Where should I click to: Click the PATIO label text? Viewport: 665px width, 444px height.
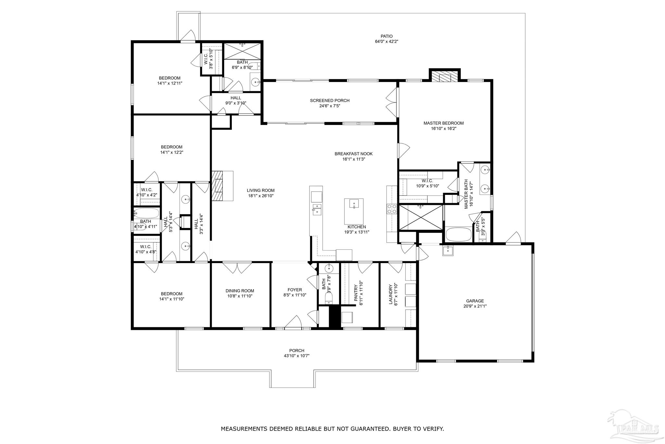[x=386, y=36]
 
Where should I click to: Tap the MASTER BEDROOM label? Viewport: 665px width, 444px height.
[x=443, y=123]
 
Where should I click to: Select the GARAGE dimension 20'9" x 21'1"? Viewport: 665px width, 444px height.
[x=475, y=306]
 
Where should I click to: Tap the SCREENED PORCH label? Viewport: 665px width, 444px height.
[x=330, y=101]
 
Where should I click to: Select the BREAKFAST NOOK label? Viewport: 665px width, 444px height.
[x=354, y=154]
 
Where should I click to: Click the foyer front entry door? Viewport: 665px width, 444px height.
[x=293, y=322]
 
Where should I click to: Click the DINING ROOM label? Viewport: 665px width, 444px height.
[x=240, y=291]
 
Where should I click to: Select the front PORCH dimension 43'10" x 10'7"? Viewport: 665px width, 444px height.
[x=296, y=356]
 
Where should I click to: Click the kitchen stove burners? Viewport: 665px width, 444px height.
[x=392, y=209]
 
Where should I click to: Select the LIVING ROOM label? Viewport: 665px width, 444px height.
[x=260, y=191]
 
